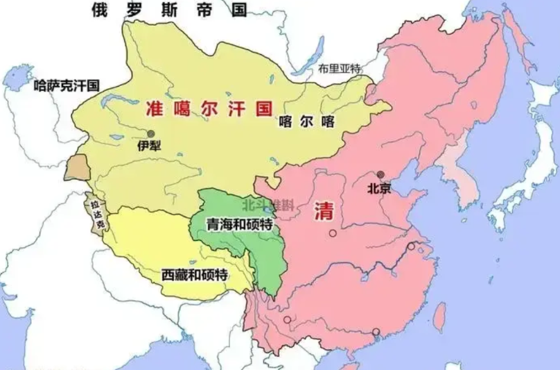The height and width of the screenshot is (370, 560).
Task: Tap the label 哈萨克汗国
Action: [x=67, y=85]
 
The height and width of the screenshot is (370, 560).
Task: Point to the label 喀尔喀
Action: [x=306, y=121]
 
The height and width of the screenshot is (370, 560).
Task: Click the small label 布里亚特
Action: [x=340, y=69]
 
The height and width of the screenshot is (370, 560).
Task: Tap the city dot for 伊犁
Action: [x=150, y=133]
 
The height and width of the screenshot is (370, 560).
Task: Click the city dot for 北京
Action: [x=380, y=174]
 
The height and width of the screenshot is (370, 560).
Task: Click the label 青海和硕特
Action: [x=239, y=226]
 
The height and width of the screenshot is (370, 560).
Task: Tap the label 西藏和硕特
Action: [x=195, y=274]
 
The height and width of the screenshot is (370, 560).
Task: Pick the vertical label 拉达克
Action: [x=97, y=216]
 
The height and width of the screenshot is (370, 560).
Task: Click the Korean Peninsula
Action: [x=457, y=187]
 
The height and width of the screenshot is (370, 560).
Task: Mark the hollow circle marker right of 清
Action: [x=333, y=234]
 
